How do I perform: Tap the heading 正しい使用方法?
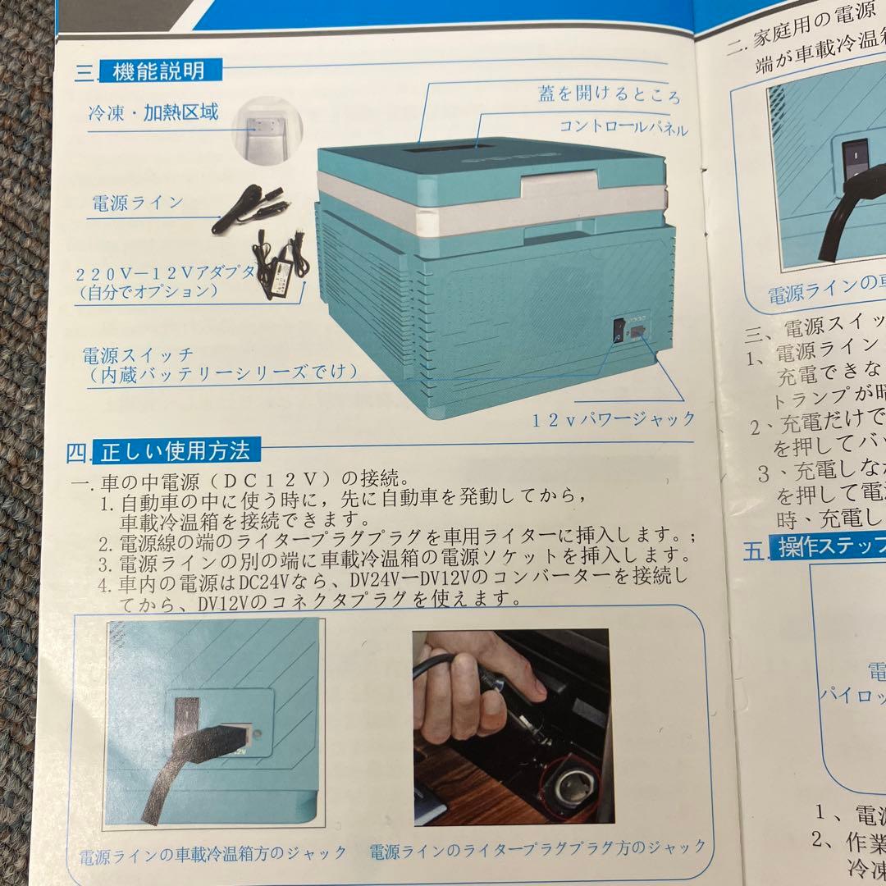click(x=177, y=450)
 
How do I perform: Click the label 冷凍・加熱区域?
click(x=153, y=113)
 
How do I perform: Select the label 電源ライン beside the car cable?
click(x=136, y=203)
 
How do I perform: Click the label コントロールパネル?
click(x=623, y=128)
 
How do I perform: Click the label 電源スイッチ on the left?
click(x=138, y=354)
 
